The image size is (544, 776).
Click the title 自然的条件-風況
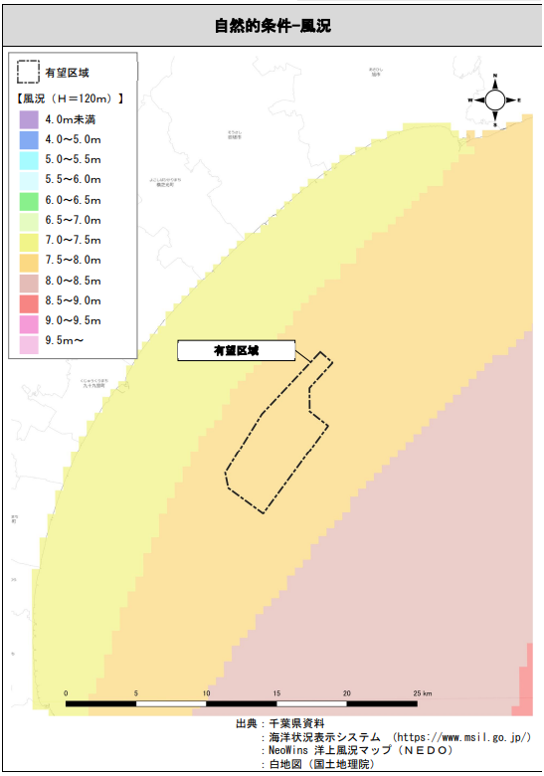(272, 26)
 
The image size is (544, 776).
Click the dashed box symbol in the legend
(28, 73)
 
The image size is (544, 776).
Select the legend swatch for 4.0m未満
(28, 119)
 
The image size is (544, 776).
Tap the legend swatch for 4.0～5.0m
(28, 139)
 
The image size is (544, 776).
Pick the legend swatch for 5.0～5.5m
(28, 159)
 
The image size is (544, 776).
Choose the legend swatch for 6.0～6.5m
(28, 200)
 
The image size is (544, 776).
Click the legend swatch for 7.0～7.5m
(28, 240)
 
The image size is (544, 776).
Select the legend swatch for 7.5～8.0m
(28, 261)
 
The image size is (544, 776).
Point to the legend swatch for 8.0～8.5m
(28, 281)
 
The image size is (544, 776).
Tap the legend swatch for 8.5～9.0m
(28, 300)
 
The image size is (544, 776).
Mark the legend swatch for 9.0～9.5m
(28, 321)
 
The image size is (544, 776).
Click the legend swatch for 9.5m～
(28, 341)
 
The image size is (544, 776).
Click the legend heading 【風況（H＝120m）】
(71, 98)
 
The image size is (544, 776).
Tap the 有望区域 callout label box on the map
(236, 350)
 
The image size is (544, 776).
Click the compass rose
(494, 100)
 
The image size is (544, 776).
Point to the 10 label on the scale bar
(207, 692)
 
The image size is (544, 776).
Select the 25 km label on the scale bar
(422, 692)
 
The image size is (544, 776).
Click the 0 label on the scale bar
(67, 692)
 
